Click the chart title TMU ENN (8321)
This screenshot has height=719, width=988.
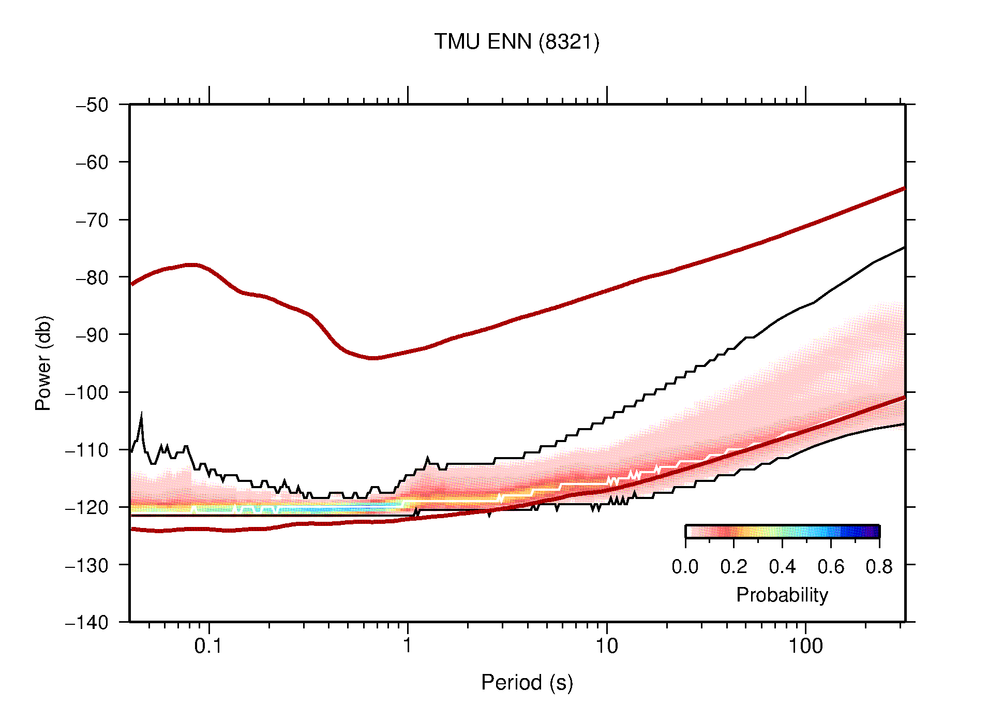[x=516, y=42]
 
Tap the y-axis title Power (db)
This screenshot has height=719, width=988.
[x=43, y=363]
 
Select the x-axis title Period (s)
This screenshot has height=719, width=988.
[x=527, y=683]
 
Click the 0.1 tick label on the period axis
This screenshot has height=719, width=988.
[x=208, y=646]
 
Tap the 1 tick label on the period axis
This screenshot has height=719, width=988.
[x=408, y=646]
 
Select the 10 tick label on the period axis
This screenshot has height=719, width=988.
[x=606, y=646]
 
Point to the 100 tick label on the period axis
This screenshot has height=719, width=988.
[x=805, y=646]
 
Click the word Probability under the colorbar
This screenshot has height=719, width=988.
[x=782, y=595]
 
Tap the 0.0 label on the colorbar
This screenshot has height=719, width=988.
[x=685, y=567]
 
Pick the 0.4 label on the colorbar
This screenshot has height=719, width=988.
[x=782, y=567]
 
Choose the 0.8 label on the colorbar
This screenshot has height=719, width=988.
[x=879, y=567]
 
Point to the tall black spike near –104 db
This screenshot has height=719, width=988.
[x=141, y=416]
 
